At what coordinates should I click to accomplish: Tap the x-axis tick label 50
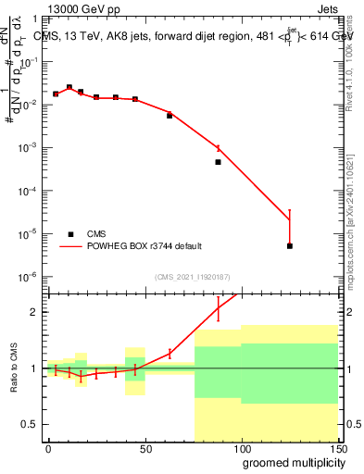pyautogui.click(x=145, y=447)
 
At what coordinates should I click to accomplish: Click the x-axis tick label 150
pyautogui.click(x=337, y=447)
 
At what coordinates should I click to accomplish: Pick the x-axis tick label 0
pyautogui.click(x=48, y=447)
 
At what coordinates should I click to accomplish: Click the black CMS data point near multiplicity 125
pyautogui.click(x=290, y=246)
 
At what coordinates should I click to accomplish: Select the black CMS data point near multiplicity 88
pyautogui.click(x=218, y=162)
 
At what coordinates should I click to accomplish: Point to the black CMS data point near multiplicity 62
pyautogui.click(x=169, y=116)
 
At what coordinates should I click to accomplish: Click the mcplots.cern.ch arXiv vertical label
pyautogui.click(x=349, y=204)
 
